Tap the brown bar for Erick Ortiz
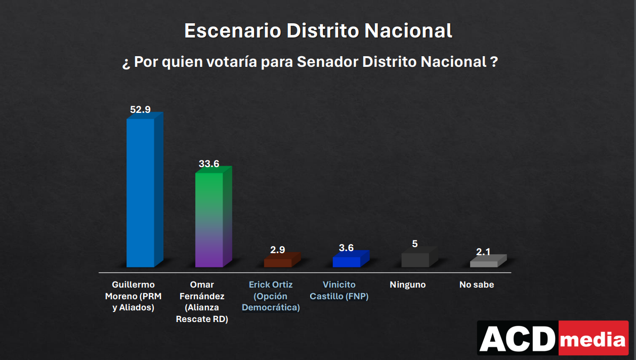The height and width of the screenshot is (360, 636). [x=279, y=262]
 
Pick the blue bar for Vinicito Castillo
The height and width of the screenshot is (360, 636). [x=347, y=261]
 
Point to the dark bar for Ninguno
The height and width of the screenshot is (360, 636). [x=416, y=259]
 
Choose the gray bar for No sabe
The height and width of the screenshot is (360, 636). [x=484, y=263]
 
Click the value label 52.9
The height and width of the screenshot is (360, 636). [x=140, y=109]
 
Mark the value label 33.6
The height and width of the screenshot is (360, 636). [x=209, y=164]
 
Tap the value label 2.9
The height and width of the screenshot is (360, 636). [x=277, y=250]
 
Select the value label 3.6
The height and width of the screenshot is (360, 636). [x=346, y=248]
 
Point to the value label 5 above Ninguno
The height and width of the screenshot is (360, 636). [x=415, y=244]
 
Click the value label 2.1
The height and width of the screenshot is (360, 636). [x=484, y=252]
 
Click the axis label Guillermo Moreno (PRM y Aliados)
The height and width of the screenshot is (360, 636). [x=133, y=296]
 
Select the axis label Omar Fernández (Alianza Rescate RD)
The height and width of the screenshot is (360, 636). [x=202, y=302]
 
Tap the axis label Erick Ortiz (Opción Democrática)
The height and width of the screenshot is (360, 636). [x=271, y=296]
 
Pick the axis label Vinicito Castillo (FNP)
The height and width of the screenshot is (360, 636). [x=339, y=290]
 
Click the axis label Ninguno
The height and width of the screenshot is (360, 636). [x=408, y=285]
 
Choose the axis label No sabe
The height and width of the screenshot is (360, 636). [x=477, y=285]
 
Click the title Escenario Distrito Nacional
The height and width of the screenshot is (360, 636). [x=318, y=31]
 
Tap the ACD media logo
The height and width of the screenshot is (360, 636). [x=553, y=338]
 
